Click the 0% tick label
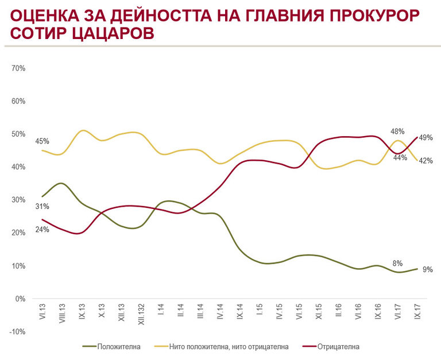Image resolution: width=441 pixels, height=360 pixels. pos(21,299)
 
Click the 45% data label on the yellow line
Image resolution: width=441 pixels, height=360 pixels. pos(42,141)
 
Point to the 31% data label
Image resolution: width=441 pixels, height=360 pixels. pos(42,207)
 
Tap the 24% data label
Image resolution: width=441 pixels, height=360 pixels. pos(42,230)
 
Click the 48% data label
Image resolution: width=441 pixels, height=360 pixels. pos(398,131)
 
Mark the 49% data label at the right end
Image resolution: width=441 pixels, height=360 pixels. pos(425,138)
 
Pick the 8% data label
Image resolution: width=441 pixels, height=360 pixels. pos(398,264)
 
